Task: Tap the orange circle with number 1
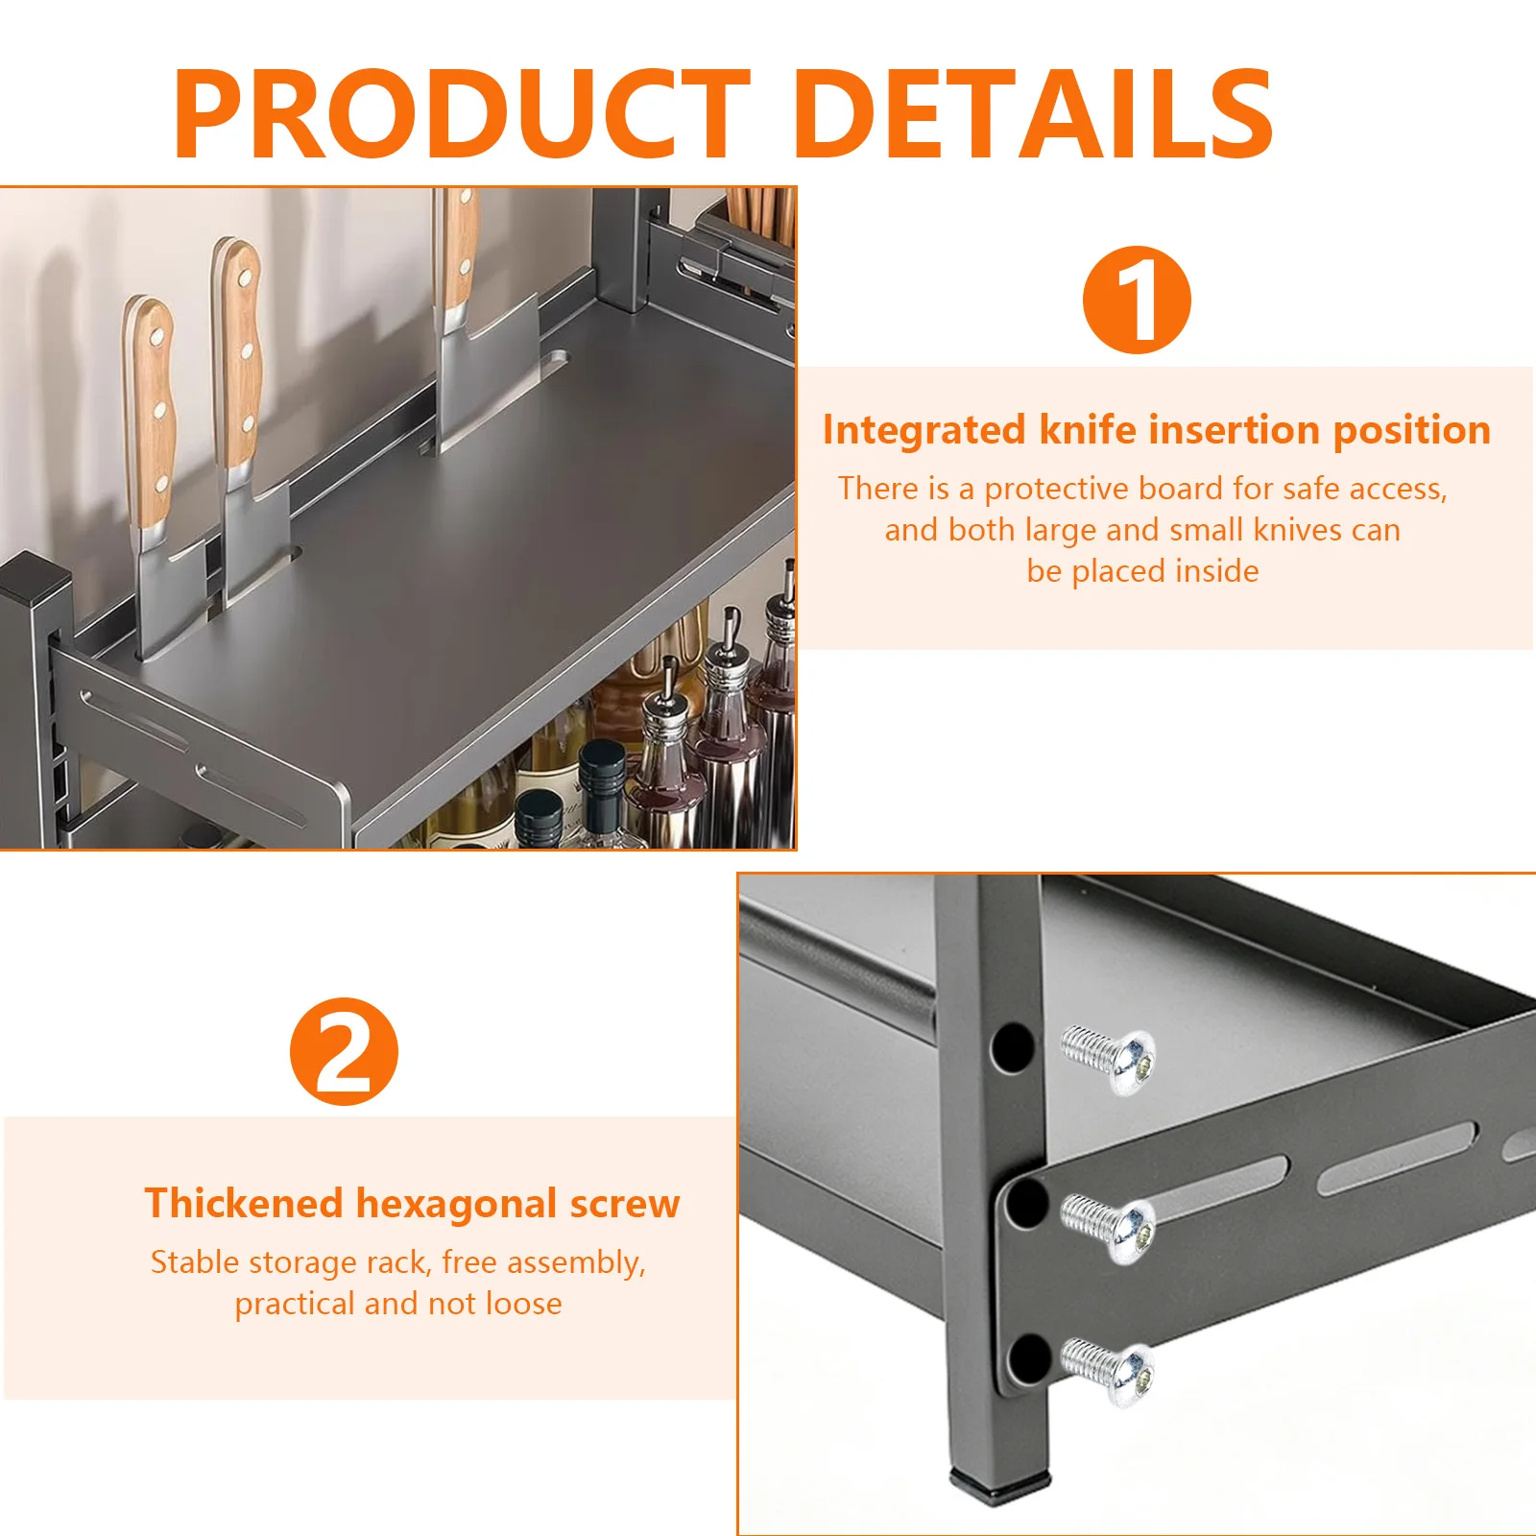[x=1137, y=300]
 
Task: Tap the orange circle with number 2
[x=344, y=1051]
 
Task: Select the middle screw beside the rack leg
[x=1108, y=1226]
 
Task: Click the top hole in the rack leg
[x=1012, y=1045]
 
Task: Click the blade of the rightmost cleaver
[x=485, y=370]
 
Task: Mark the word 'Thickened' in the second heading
[x=243, y=1204]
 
